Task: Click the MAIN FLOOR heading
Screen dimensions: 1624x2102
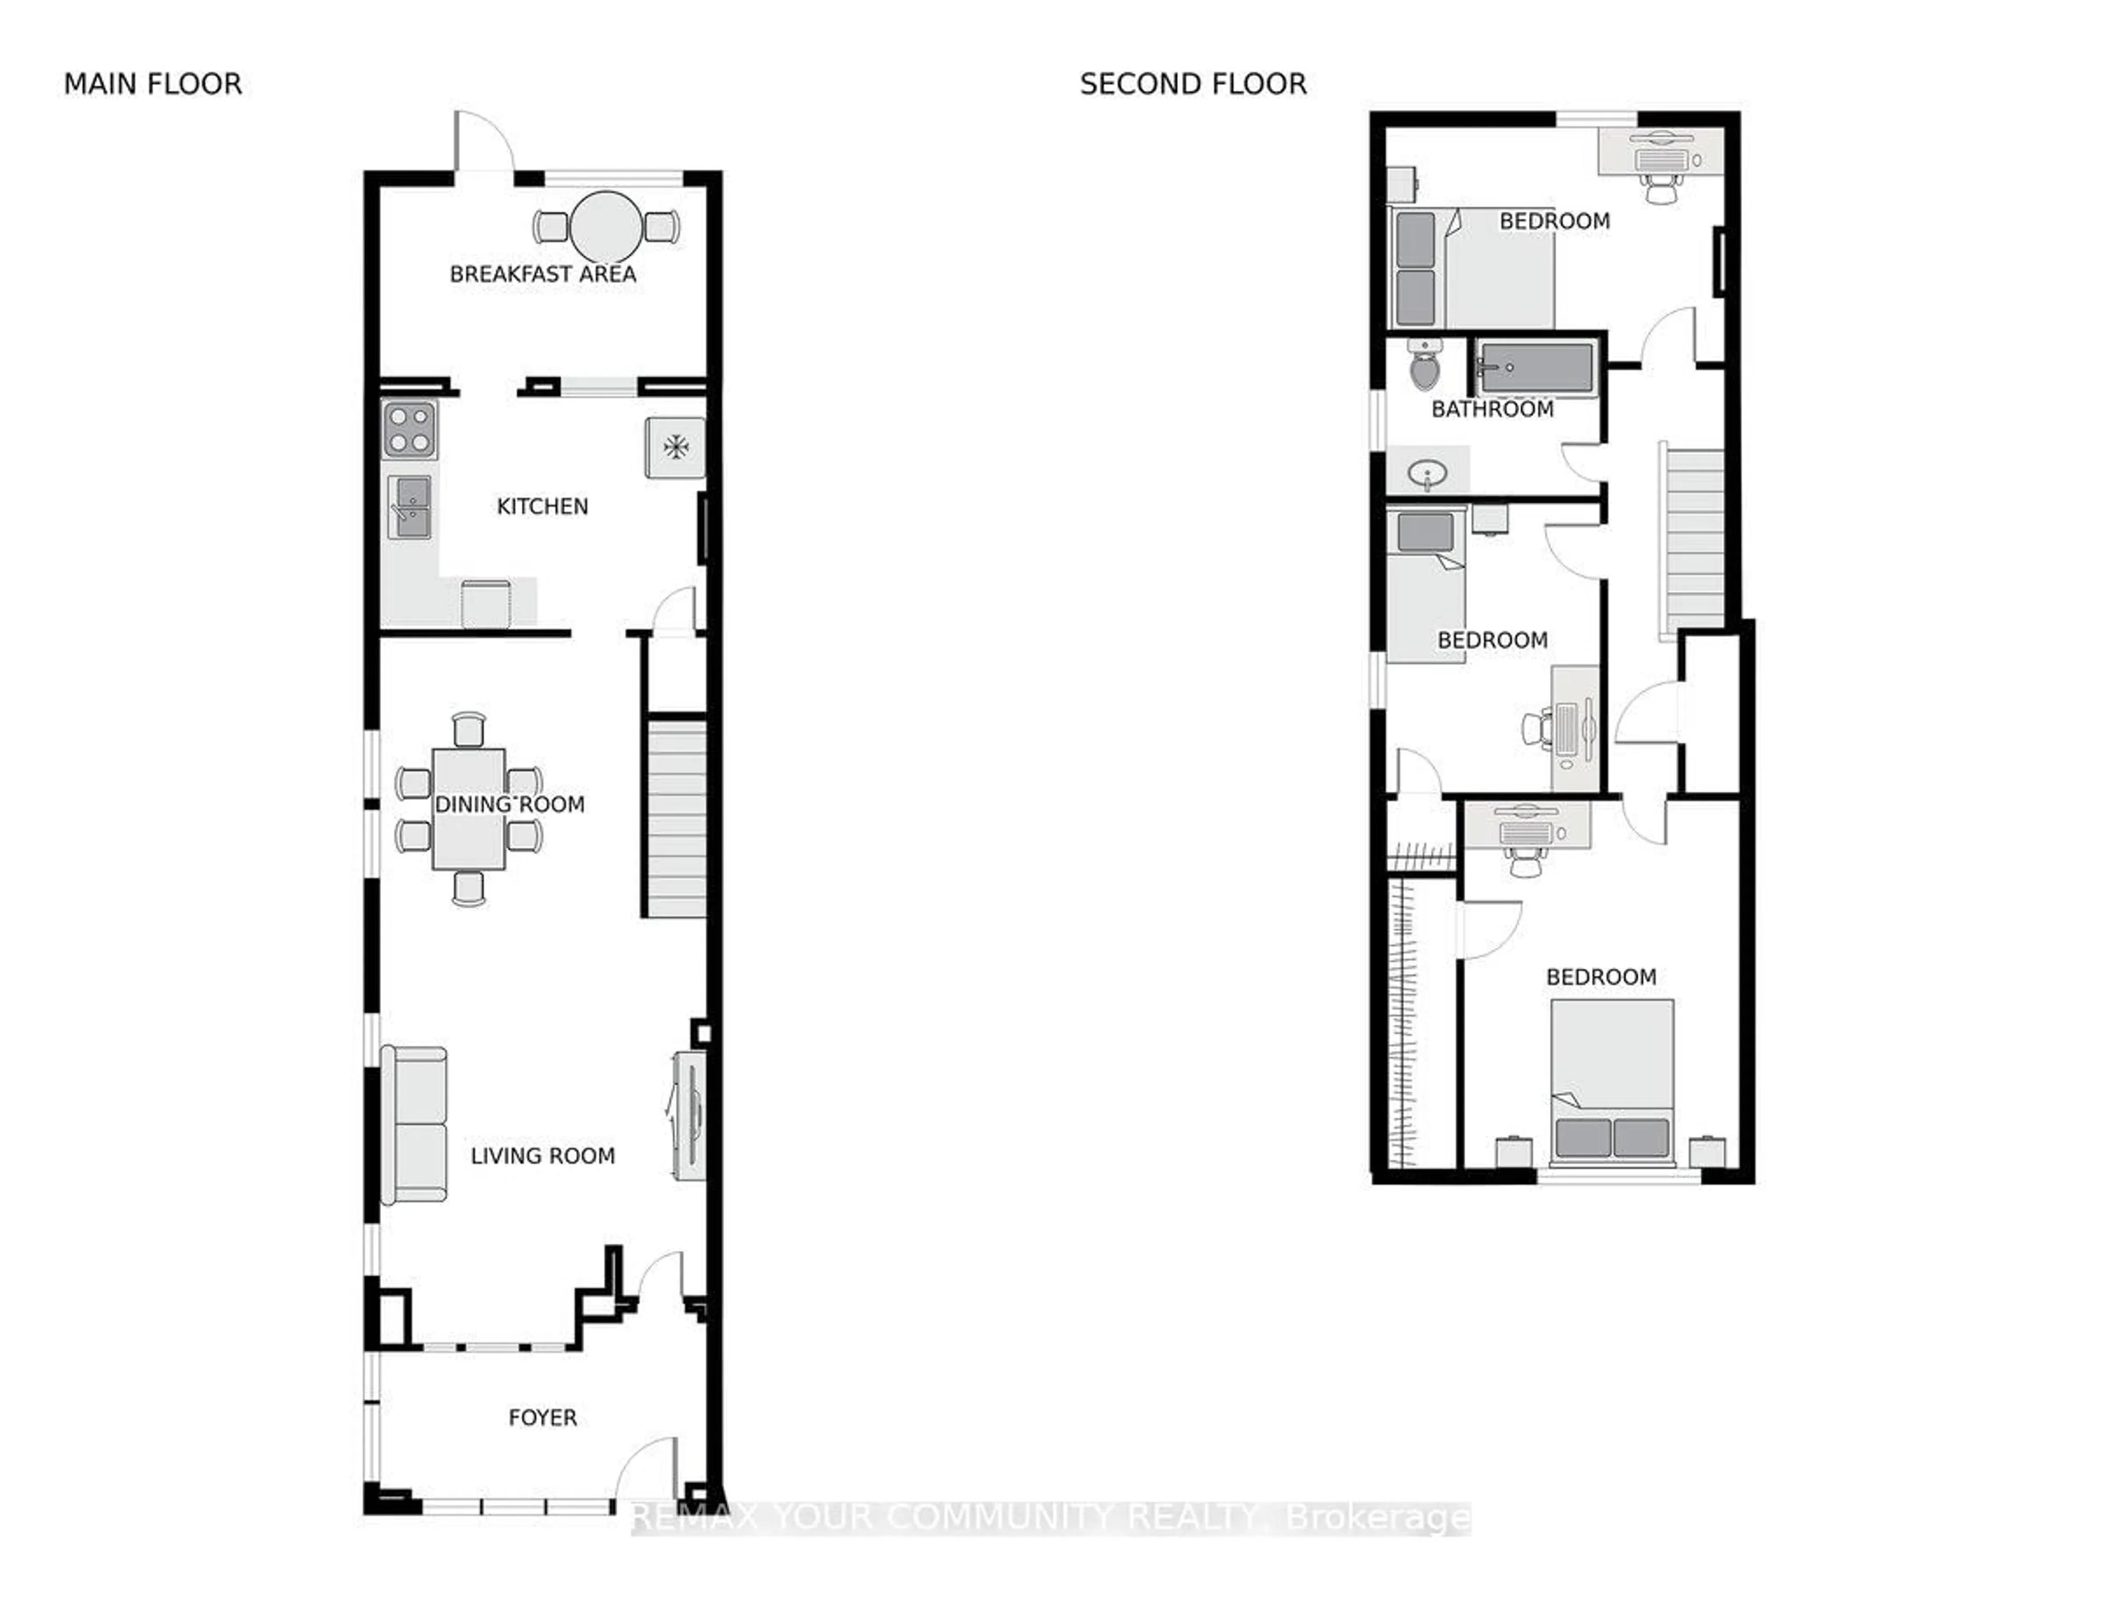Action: coord(152,85)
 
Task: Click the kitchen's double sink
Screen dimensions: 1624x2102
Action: coord(410,508)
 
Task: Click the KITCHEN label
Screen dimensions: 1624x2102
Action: coord(542,506)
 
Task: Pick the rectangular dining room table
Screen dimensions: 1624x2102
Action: coord(469,809)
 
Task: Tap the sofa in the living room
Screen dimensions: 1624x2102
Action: coord(415,1125)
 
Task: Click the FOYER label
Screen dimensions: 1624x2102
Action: coord(542,1417)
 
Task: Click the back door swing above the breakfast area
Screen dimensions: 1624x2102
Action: coord(484,142)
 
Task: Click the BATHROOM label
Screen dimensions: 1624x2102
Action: coord(1492,409)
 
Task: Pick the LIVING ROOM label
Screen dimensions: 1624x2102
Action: coord(542,1156)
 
